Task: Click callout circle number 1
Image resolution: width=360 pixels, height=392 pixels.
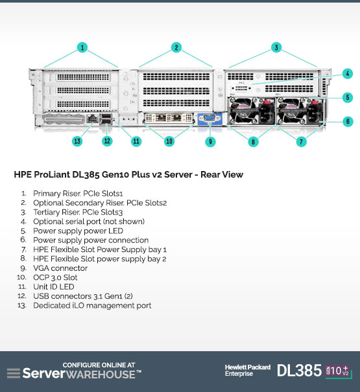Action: (82, 47)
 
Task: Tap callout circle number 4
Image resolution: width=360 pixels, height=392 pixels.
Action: (348, 73)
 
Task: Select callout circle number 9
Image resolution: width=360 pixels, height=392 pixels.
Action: (210, 142)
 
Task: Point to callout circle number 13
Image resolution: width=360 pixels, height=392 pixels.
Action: (77, 141)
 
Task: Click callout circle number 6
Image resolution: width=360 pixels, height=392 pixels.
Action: (348, 122)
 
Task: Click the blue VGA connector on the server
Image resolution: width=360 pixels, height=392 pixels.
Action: (210, 118)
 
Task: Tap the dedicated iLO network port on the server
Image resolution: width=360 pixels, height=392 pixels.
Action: (92, 118)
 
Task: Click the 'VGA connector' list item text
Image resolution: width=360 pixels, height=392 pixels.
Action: (60, 268)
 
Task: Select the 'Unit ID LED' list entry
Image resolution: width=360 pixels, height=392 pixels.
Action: (54, 287)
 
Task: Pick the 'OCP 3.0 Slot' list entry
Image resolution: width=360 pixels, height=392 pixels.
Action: (55, 277)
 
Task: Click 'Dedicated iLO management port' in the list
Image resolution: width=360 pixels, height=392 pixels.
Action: (92, 305)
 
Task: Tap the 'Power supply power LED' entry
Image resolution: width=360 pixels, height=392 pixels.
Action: (78, 231)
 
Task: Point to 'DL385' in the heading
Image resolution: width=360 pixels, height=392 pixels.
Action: (86, 174)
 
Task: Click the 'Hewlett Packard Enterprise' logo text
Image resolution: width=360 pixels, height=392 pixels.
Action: (248, 371)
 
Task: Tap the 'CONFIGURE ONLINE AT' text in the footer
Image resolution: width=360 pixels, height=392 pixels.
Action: (99, 365)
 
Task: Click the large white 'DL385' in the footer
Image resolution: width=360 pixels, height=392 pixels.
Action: (299, 371)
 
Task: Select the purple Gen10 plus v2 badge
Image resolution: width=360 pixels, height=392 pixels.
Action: (337, 371)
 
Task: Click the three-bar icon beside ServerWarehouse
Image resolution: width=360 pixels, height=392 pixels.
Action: (14, 373)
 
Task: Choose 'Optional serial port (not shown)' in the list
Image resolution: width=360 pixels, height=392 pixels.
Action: (89, 222)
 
